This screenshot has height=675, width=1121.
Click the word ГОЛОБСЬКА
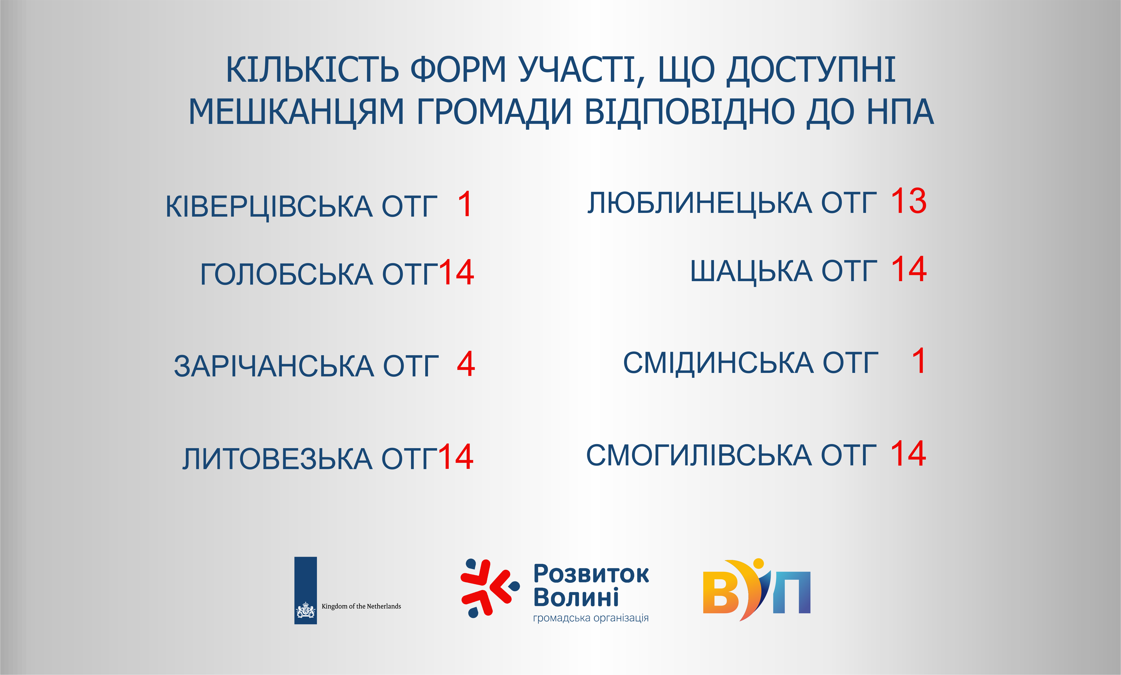pos(286,274)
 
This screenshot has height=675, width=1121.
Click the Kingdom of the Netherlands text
pos(361,606)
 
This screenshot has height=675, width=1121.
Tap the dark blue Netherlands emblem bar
pos(306,590)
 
